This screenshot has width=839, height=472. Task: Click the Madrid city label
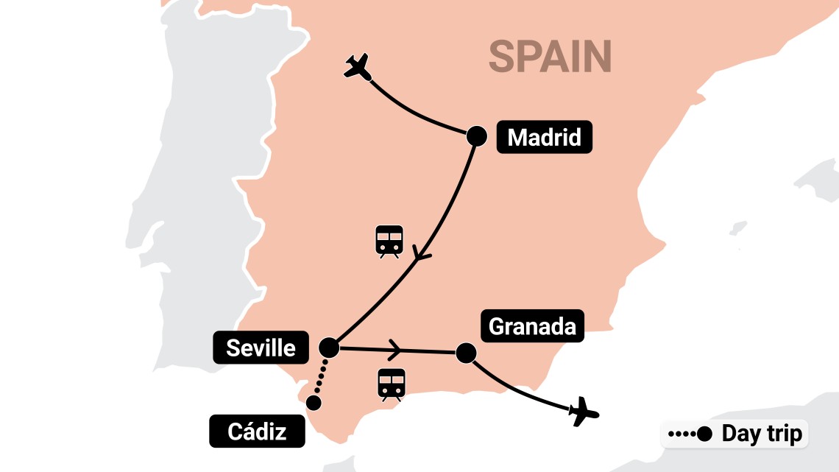click(x=544, y=137)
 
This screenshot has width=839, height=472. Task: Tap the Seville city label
click(x=261, y=347)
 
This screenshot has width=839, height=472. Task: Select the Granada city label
click(x=532, y=325)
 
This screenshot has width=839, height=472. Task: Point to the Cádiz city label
click(x=257, y=431)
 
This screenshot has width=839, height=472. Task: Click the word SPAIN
click(x=551, y=57)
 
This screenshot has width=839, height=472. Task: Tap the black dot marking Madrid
click(x=478, y=135)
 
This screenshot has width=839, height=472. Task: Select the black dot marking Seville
click(x=328, y=347)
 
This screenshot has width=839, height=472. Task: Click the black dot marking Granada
click(x=465, y=353)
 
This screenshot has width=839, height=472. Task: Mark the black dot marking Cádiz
click(x=314, y=403)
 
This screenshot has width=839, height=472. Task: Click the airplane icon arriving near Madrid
click(x=358, y=67)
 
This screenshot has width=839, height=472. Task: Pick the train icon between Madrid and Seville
click(x=389, y=241)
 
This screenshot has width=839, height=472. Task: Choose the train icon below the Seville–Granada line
click(x=392, y=384)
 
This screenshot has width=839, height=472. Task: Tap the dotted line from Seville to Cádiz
click(x=320, y=376)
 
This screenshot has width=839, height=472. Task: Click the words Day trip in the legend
click(x=762, y=434)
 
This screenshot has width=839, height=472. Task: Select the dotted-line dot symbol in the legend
click(x=690, y=434)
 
